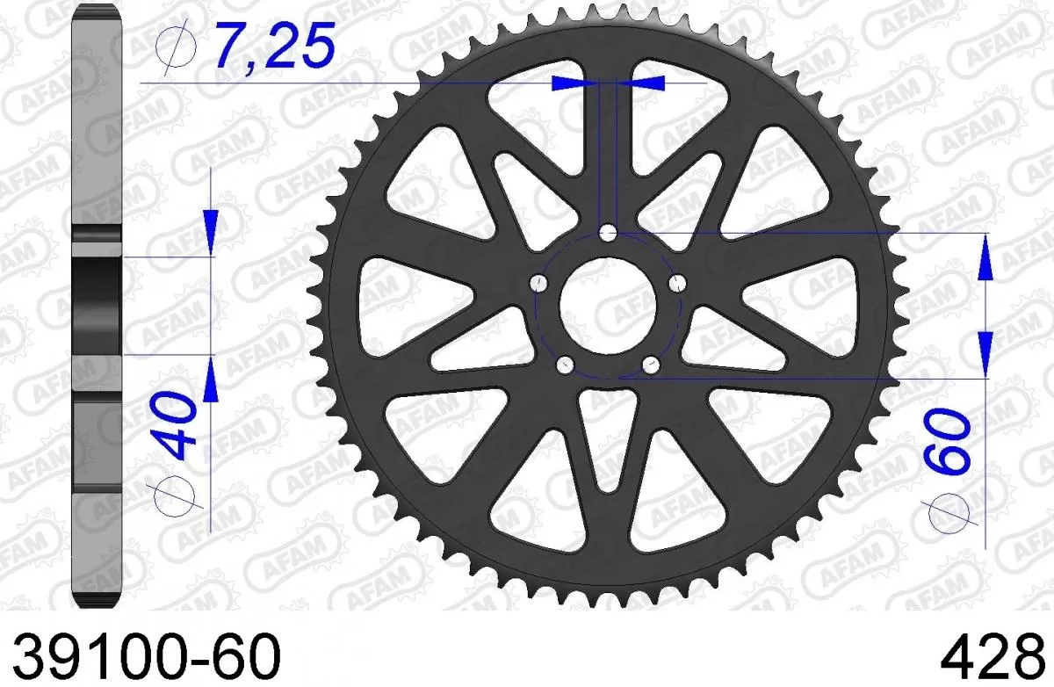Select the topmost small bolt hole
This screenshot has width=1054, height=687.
[x=607, y=233]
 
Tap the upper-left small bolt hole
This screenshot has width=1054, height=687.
[x=538, y=283]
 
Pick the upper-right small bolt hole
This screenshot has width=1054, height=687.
[x=676, y=283]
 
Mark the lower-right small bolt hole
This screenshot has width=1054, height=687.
[x=650, y=364]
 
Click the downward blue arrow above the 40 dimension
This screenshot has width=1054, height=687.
[x=212, y=229]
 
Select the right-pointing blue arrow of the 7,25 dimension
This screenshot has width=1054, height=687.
[x=572, y=83]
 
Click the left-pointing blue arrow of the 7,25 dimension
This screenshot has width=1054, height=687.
[x=643, y=83]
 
